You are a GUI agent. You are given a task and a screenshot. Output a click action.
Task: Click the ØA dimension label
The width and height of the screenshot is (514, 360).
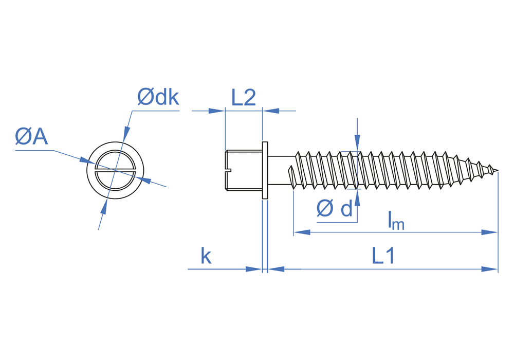(x=31, y=137)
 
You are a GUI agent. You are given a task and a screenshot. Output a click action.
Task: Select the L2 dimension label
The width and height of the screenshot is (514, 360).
(x=243, y=98)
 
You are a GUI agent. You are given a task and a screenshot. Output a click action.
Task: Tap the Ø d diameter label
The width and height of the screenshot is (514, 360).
(x=335, y=209)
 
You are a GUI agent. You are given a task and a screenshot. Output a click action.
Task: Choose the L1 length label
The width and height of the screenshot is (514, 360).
(x=383, y=256)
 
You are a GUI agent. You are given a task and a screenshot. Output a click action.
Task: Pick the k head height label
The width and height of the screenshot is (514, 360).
(x=206, y=256)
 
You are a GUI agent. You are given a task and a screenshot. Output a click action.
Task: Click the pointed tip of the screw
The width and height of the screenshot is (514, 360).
(x=497, y=171)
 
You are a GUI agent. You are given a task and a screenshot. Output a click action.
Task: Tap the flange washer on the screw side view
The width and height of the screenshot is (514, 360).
(x=265, y=170)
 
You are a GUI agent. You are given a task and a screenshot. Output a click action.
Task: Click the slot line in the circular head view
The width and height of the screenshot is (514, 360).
(x=115, y=170)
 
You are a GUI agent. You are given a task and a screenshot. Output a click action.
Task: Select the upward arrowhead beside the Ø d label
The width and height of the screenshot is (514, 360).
(x=357, y=199)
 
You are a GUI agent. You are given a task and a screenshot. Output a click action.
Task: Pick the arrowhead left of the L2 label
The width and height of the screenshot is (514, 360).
(x=217, y=110)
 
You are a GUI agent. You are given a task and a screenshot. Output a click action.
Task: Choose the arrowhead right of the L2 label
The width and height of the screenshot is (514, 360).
(x=270, y=110)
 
